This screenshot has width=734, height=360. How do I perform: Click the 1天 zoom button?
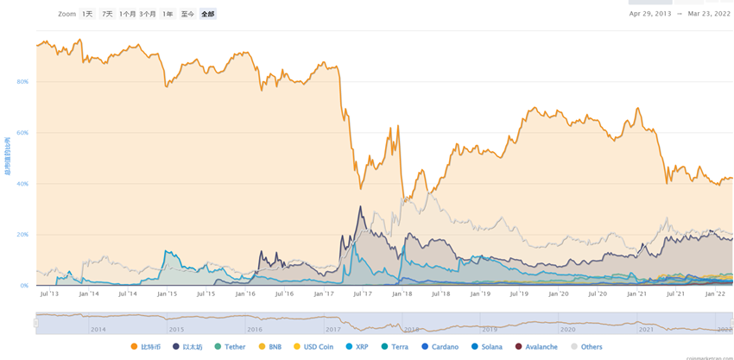point(88,14)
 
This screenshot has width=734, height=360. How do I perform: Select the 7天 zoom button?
point(107,14)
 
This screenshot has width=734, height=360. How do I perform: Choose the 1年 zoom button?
point(168,14)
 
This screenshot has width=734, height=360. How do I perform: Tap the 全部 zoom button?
point(208,14)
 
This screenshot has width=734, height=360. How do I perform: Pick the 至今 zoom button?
point(187,14)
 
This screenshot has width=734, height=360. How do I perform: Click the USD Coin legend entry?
point(313,347)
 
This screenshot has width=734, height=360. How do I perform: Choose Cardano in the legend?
point(440,347)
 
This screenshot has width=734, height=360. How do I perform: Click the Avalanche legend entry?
point(536,347)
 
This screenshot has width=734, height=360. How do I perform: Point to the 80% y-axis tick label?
point(22,82)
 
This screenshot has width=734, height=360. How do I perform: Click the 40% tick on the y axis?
point(22,184)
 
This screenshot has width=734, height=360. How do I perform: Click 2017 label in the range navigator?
point(332,330)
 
